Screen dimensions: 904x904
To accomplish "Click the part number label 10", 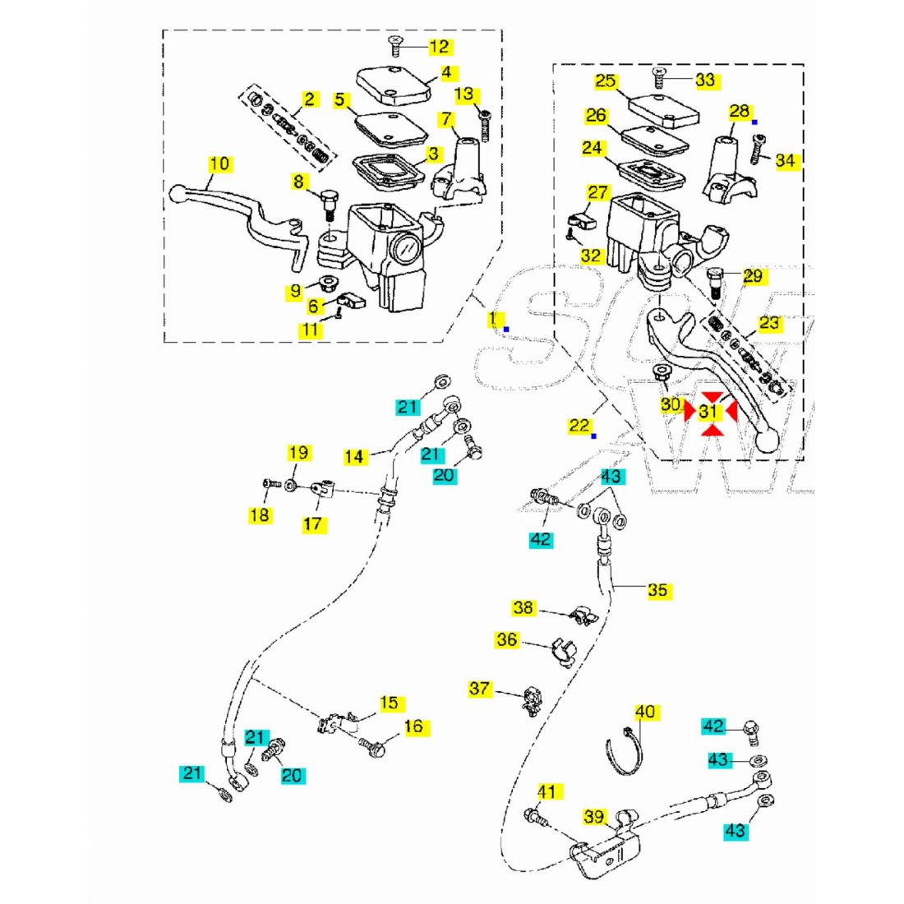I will click(x=219, y=164).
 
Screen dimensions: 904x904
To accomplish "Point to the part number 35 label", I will click(x=657, y=590).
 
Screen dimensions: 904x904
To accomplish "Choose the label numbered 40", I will click(x=646, y=712).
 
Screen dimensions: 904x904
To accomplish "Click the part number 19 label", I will click(x=298, y=453).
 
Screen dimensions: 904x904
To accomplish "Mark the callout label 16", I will click(x=413, y=726).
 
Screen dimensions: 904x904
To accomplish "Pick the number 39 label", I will click(x=593, y=817).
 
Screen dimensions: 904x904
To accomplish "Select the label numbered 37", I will click(x=479, y=688).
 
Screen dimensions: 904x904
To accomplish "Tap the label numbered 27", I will click(x=598, y=192).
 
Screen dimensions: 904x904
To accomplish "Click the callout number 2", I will click(x=309, y=99).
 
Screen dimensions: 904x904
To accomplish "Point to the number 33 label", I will click(x=705, y=80).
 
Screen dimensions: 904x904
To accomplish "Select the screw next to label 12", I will click(x=395, y=41).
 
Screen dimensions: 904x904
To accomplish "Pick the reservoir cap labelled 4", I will click(x=394, y=85).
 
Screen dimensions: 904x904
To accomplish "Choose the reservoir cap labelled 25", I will click(x=662, y=108).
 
